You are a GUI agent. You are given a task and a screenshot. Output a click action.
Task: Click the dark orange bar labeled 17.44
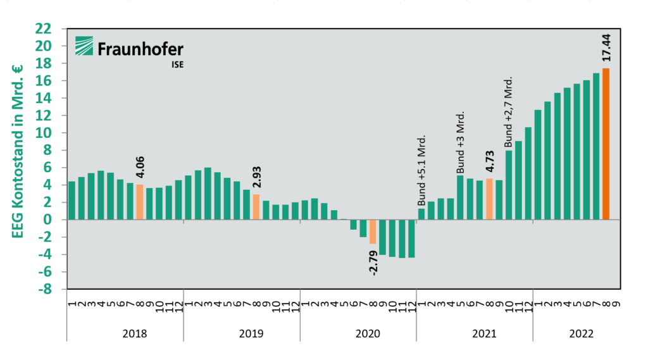pyautogui.click(x=606, y=144)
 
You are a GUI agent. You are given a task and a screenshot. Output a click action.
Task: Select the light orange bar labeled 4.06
pyautogui.click(x=140, y=202)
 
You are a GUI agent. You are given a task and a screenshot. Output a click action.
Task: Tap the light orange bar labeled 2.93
pyautogui.click(x=256, y=207)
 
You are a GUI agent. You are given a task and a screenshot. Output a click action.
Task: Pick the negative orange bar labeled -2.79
pyautogui.click(x=373, y=232)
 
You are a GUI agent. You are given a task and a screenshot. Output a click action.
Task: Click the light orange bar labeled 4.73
pyautogui.click(x=489, y=199)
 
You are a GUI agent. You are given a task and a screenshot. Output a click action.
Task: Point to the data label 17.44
pyautogui.click(x=606, y=47)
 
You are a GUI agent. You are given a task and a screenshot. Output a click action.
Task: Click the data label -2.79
pyautogui.click(x=373, y=263)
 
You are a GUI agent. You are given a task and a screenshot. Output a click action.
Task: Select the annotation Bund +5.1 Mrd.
pyautogui.click(x=421, y=170)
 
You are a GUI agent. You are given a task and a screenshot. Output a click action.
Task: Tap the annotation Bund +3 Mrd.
pyautogui.click(x=461, y=142)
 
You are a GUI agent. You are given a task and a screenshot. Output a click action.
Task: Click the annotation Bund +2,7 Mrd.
pyautogui.click(x=508, y=111)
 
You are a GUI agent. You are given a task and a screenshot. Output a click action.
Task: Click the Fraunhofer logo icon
pyautogui.click(x=84, y=46)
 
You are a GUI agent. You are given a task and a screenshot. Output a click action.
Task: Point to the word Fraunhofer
pyautogui.click(x=140, y=49)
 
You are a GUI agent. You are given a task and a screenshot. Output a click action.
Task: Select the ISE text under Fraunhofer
pyautogui.click(x=178, y=65)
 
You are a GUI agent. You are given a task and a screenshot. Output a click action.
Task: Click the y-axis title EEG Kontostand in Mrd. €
pyautogui.click(x=17, y=151)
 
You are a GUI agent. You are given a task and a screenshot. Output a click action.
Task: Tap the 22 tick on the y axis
pyautogui.click(x=44, y=29)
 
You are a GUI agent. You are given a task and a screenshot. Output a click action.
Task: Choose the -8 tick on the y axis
pyautogui.click(x=45, y=289)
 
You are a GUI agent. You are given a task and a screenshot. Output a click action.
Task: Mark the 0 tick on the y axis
pyautogui.click(x=47, y=220)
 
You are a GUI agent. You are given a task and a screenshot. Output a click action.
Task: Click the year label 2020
pyautogui.click(x=368, y=333)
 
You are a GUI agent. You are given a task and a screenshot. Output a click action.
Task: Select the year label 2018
pyautogui.click(x=135, y=333)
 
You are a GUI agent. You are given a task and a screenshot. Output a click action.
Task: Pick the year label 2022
pyautogui.click(x=582, y=333)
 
